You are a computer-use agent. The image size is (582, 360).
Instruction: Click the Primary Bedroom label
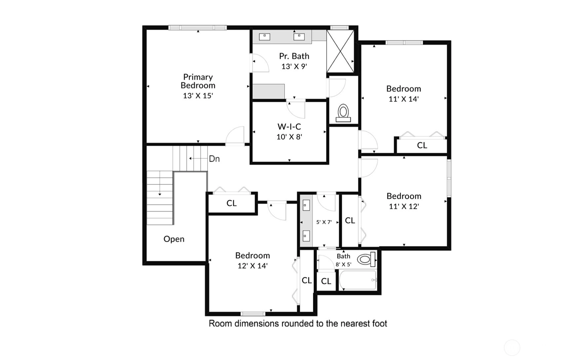[x=198, y=81]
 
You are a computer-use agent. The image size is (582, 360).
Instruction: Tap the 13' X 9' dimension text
[x=294, y=66]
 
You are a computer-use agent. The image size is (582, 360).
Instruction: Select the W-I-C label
[x=289, y=127]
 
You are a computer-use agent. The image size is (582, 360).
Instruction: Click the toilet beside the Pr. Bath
[x=343, y=113]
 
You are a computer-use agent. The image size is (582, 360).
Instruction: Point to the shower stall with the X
[x=340, y=51]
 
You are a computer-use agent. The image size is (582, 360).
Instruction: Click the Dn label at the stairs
[x=214, y=159]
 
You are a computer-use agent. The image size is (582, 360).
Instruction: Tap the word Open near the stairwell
[x=174, y=239]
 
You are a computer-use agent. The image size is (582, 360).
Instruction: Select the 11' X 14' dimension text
[x=404, y=99]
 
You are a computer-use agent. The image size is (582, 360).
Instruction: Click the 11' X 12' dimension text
[x=404, y=206]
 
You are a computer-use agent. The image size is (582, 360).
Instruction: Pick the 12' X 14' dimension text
[x=252, y=266]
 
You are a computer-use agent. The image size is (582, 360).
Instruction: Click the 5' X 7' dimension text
[x=324, y=222]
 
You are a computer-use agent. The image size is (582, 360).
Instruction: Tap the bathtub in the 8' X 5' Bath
[x=358, y=280]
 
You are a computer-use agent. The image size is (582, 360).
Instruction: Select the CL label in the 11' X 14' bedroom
[x=422, y=145]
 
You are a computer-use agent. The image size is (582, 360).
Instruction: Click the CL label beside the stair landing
[x=232, y=203]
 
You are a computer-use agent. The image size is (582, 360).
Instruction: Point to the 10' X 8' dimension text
[x=289, y=137]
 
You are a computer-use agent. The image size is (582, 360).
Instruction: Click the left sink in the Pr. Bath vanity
[x=264, y=36]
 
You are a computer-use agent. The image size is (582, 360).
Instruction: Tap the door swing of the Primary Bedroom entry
[x=235, y=135]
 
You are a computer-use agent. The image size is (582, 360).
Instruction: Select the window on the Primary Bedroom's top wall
[x=198, y=27]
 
